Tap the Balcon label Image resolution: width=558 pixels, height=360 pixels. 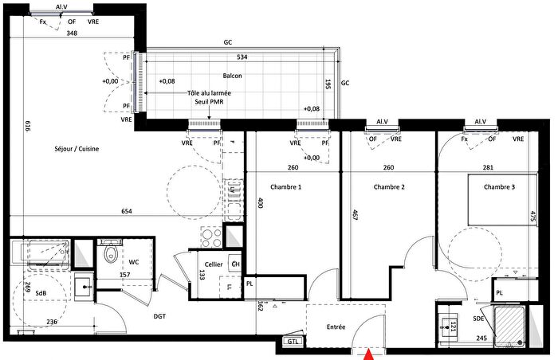click(x=233, y=76)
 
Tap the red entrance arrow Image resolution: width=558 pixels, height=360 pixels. click(x=368, y=355)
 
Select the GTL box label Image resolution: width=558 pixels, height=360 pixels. click(x=293, y=342)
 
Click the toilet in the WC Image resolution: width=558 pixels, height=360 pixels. click(x=111, y=255)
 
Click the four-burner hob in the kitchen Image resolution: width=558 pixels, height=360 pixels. click(x=210, y=236)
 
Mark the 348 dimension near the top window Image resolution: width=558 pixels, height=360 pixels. click(x=73, y=33)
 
